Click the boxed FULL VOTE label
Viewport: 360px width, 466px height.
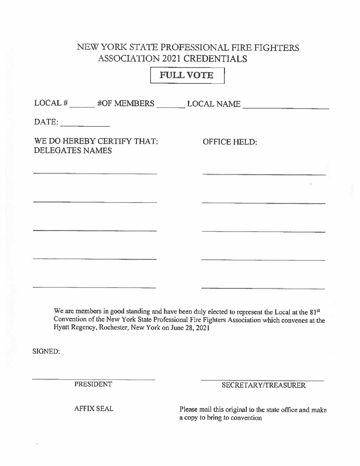(187, 75)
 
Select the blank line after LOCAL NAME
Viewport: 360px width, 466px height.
(286, 107)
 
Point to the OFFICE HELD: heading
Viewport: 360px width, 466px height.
(230, 142)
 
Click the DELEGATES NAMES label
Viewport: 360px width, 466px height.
(73, 151)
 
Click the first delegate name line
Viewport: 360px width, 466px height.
(95, 173)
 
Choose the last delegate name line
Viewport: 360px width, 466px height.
(94, 287)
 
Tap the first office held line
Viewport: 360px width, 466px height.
(264, 174)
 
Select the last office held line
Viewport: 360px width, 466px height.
(263, 288)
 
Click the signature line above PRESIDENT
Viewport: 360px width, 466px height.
(94, 379)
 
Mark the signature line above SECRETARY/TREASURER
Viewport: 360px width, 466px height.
(262, 380)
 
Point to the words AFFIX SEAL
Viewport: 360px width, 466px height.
(94, 409)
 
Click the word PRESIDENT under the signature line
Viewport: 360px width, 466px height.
(93, 384)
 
